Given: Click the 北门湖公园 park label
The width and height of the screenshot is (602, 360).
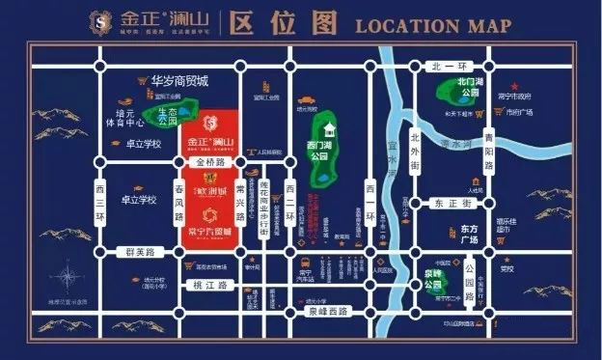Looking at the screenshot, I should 470,89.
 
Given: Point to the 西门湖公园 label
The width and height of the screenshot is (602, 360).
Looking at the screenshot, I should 321,153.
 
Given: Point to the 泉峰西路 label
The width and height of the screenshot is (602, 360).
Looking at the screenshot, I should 325,311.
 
